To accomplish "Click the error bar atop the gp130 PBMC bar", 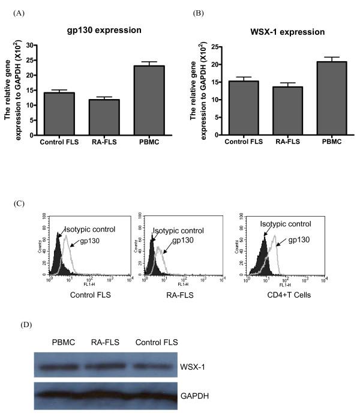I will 140,62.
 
